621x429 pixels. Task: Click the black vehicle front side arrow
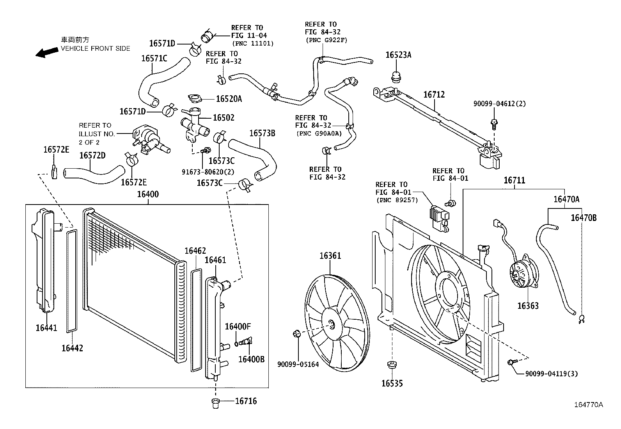pos(46,52)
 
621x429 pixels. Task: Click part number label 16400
pos(148,194)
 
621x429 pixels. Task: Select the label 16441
pos(46,328)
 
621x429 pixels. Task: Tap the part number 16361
pos(330,256)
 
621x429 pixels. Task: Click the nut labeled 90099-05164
pos(296,333)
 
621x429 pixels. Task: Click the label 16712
pos(434,94)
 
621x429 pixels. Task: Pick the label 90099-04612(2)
pos(500,104)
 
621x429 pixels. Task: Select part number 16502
pos(223,117)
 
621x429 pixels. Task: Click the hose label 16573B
pos(262,133)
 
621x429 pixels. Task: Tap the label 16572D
pos(92,155)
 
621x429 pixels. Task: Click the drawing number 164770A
pos(588,405)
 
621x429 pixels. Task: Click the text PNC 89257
pos(397,200)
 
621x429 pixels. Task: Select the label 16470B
pos(584,218)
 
